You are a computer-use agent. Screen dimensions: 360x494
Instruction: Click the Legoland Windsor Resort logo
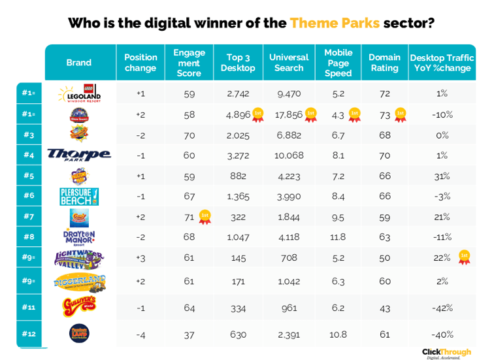[79, 93]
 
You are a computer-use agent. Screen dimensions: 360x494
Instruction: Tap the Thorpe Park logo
[79, 155]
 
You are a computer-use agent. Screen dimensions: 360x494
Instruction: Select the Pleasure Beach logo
[79, 196]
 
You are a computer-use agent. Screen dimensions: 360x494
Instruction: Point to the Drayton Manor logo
[79, 237]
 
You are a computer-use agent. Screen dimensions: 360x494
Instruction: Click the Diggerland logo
[79, 282]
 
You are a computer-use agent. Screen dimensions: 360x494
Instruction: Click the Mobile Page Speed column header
[338, 63]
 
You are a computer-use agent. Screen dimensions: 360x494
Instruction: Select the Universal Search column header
[288, 63]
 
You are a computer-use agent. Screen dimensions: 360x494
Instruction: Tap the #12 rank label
[28, 334]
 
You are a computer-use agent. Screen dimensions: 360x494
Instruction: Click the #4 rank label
[28, 155]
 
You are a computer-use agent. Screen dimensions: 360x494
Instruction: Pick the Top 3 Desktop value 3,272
[238, 155]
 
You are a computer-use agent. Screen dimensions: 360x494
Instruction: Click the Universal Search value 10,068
[288, 155]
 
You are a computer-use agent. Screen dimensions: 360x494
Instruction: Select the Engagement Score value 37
[188, 335]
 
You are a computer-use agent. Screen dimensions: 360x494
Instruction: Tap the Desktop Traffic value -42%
[442, 307]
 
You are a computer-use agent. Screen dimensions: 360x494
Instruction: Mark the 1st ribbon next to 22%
[464, 257]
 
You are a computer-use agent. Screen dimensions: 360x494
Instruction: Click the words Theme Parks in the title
[335, 23]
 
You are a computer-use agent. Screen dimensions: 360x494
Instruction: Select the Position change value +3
[140, 258]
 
